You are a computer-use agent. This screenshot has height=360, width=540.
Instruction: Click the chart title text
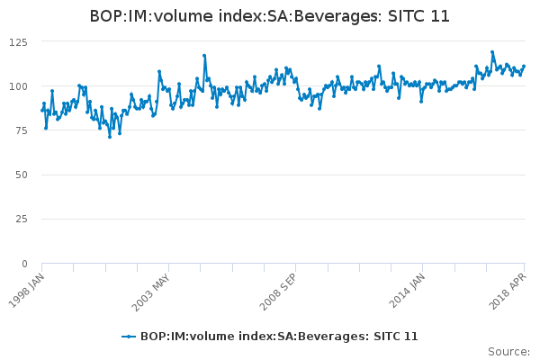pos(270,16)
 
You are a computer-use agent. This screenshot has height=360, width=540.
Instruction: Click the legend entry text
pos(279,336)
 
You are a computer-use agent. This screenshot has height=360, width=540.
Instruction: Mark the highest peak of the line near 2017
pos(492,52)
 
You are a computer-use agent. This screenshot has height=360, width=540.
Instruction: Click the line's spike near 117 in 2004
pos(204,56)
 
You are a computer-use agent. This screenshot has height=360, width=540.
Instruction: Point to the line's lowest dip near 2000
pos(110,137)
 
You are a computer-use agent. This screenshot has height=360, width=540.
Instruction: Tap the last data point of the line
pos(524,67)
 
